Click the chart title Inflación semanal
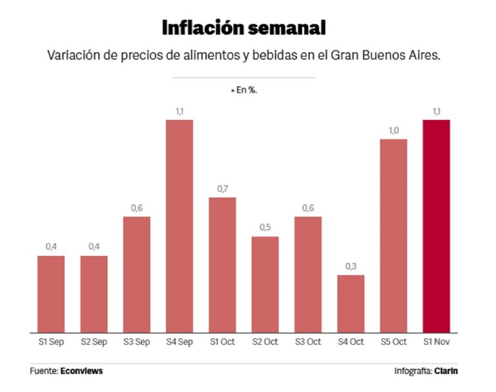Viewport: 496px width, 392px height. [x=243, y=28]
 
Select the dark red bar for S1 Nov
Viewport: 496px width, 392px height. [x=436, y=226]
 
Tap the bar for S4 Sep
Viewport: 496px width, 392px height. [x=180, y=226]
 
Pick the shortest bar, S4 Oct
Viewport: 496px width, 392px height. [x=351, y=304]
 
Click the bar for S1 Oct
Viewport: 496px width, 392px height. [x=222, y=264]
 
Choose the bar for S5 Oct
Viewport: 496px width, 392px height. [x=393, y=235]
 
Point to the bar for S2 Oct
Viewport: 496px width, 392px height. [x=265, y=284]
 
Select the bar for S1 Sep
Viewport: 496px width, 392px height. [x=51, y=294]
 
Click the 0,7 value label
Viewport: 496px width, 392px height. [x=222, y=188]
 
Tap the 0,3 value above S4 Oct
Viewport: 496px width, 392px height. [x=351, y=266]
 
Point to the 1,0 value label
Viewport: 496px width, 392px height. [x=393, y=130]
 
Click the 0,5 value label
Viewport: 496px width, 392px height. [x=265, y=228]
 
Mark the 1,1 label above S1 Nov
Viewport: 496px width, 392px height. [x=436, y=111]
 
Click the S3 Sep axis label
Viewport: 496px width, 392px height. [x=136, y=342]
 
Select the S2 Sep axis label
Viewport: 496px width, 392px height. [x=94, y=342]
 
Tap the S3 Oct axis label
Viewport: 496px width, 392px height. [x=307, y=342]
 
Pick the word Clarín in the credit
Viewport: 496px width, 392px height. [x=446, y=371]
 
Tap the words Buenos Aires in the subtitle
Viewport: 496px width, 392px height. [x=404, y=56]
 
